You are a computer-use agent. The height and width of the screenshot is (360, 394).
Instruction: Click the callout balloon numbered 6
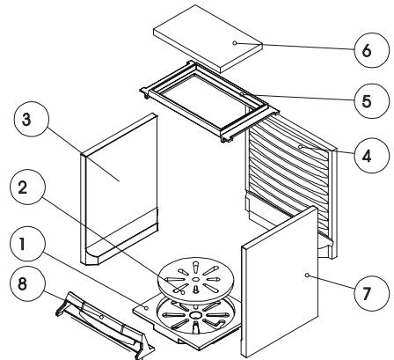click(371, 50)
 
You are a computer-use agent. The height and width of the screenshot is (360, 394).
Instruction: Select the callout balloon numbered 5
click(371, 101)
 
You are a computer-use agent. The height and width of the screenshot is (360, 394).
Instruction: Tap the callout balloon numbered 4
click(371, 156)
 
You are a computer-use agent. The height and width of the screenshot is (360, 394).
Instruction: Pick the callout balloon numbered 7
click(371, 293)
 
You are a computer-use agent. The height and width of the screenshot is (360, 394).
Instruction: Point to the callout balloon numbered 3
click(32, 119)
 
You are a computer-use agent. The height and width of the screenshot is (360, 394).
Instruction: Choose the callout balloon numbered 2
click(27, 187)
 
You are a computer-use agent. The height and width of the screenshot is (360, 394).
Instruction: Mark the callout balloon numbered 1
click(27, 244)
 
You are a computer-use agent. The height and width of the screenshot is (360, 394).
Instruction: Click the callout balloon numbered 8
click(27, 284)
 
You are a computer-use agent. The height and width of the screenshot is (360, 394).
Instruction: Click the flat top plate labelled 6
click(208, 39)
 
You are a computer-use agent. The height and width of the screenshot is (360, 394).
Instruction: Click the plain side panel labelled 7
click(280, 282)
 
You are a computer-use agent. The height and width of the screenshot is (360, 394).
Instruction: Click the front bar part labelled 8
click(104, 324)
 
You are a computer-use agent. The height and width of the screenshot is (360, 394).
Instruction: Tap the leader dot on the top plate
click(235, 43)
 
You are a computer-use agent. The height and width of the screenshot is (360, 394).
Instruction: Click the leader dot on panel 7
click(307, 275)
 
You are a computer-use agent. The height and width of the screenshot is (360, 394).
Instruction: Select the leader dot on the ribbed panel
click(300, 146)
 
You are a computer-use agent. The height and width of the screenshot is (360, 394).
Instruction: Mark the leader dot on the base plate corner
click(146, 307)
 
